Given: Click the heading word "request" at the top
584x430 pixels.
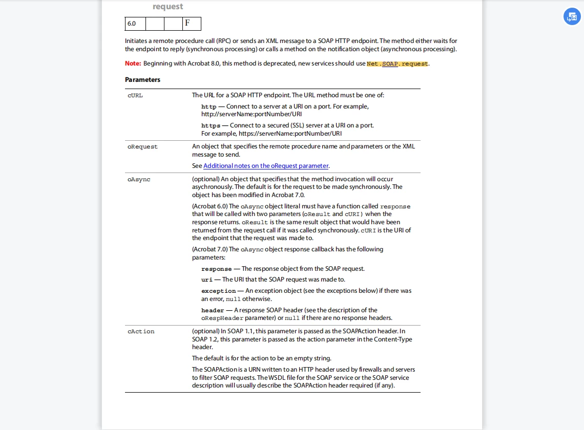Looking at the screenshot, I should (x=168, y=7).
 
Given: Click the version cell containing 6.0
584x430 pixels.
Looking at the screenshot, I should (x=135, y=24).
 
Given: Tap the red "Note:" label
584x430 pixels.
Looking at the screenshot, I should (x=133, y=63).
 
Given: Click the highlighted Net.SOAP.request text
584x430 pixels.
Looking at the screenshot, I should (x=398, y=64).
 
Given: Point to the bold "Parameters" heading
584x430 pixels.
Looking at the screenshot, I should (x=142, y=80).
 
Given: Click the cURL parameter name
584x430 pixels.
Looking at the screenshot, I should (x=135, y=96).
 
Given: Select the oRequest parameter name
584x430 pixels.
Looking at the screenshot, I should (x=142, y=147).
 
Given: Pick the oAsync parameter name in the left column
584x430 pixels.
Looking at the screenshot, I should (x=139, y=180).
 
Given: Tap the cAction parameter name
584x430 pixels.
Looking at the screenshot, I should (x=141, y=332).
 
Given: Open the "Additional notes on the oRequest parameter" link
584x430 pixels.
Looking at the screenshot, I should (x=266, y=166).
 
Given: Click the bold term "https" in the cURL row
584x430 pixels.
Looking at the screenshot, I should (x=211, y=125).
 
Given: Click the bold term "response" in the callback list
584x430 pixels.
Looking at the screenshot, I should (x=216, y=269).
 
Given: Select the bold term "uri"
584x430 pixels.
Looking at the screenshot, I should (x=206, y=280).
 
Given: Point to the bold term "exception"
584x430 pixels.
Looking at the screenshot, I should (x=218, y=291).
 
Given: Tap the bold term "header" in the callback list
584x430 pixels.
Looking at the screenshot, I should (x=213, y=310).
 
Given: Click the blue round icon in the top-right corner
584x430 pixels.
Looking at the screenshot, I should (x=572, y=16).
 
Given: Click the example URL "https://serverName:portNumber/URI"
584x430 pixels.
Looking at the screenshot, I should (x=290, y=134).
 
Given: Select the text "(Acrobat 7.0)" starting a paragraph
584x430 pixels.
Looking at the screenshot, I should (x=210, y=249).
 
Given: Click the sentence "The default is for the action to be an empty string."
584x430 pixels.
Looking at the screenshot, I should (x=261, y=358).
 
